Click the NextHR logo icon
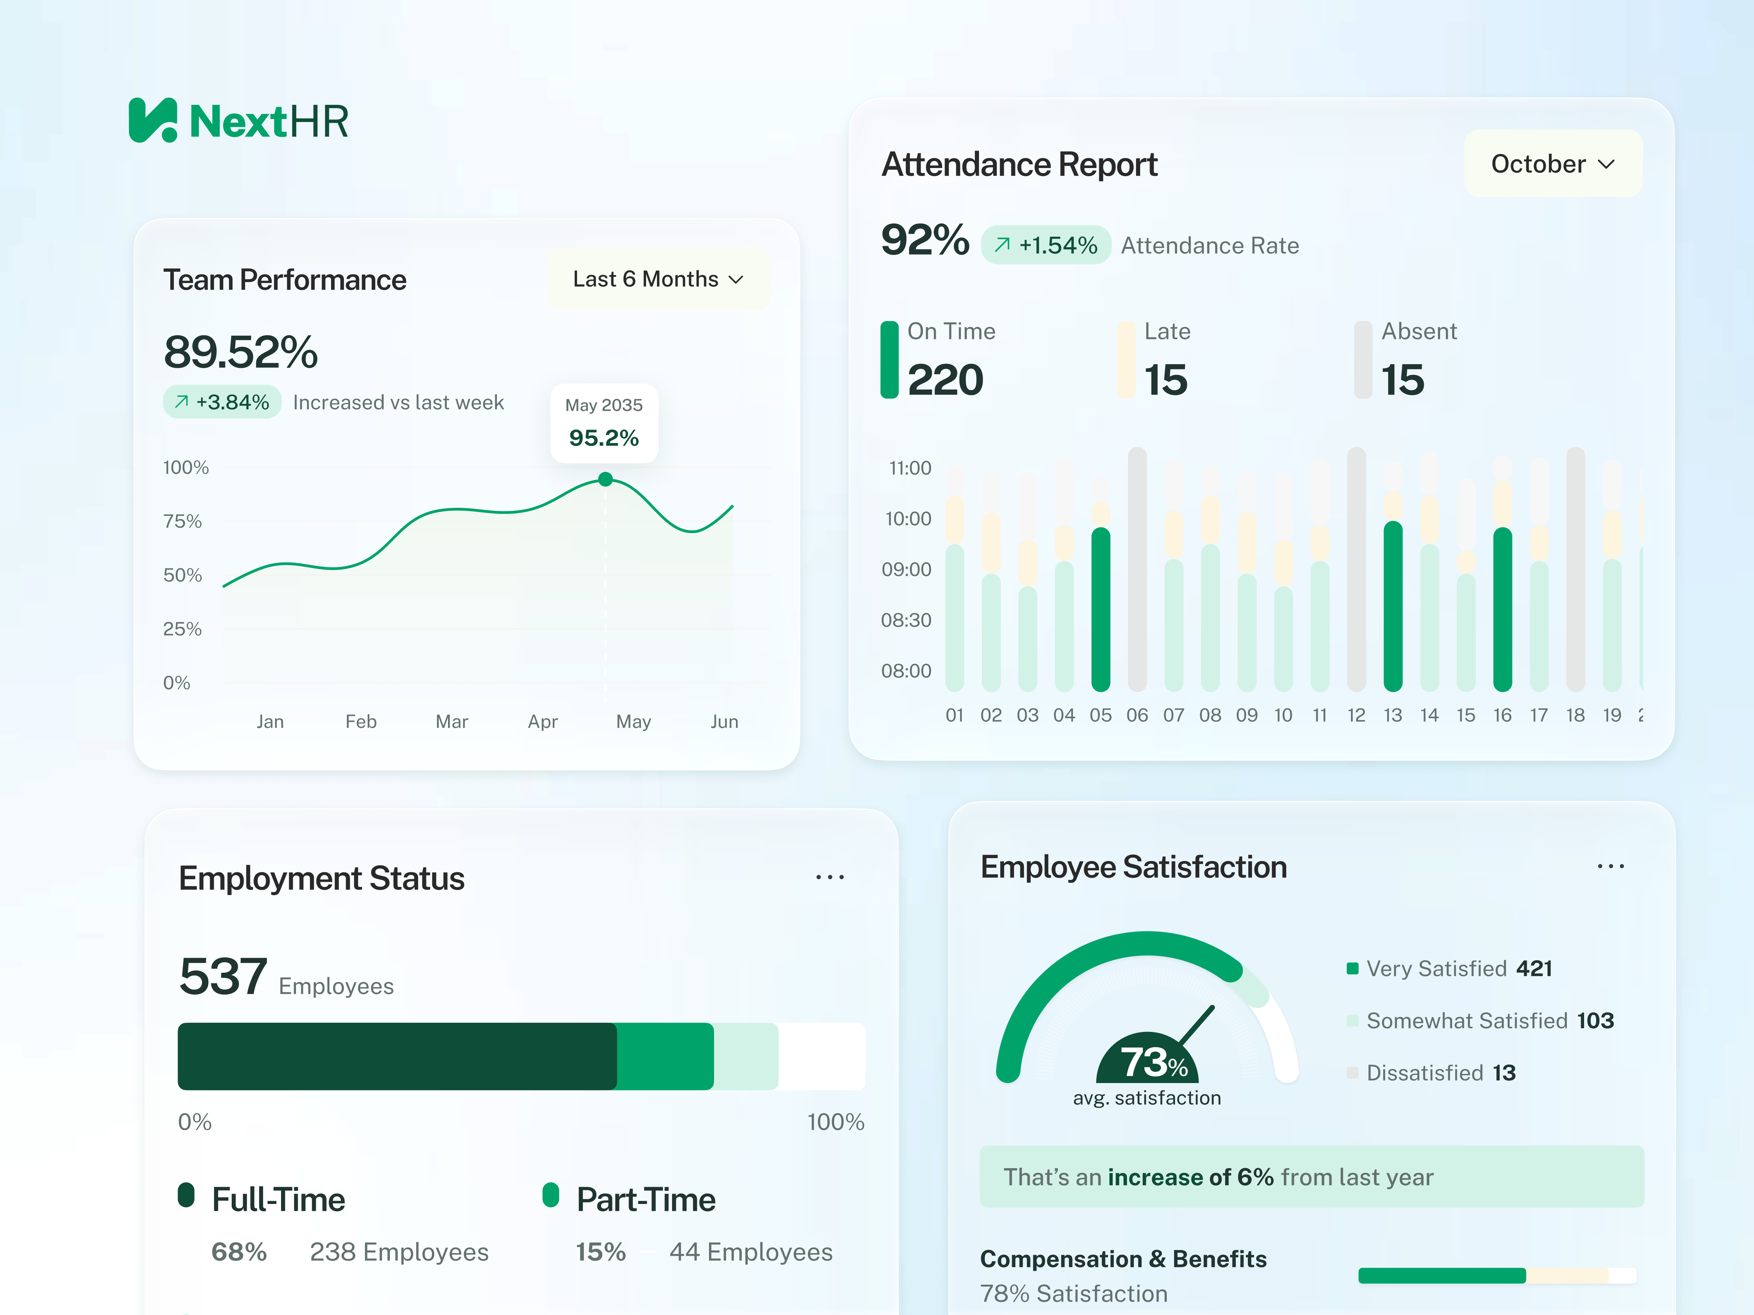point(153,121)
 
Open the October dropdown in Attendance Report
point(1552,164)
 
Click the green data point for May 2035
point(605,479)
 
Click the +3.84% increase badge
point(222,402)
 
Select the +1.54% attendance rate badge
point(1046,245)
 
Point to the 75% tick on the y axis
point(182,521)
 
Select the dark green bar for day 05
point(1101,609)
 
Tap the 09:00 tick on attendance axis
point(906,569)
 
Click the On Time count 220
point(945,380)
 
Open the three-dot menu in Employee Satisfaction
point(1610,866)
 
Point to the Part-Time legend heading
point(645,1199)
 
